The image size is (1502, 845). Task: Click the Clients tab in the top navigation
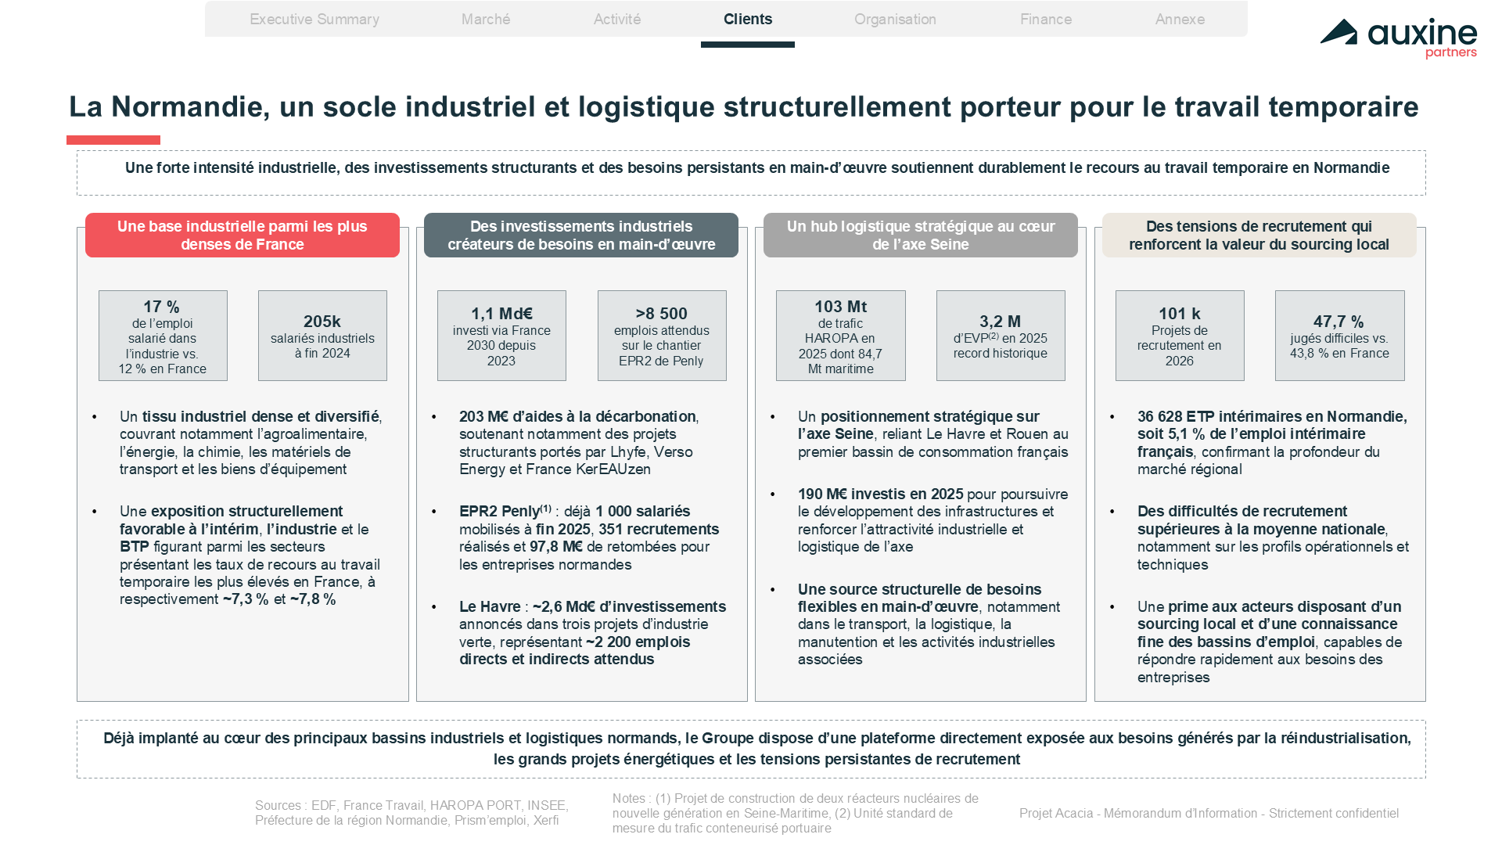(x=748, y=20)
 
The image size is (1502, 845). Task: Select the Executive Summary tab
(x=314, y=20)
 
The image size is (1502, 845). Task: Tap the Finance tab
(x=1046, y=20)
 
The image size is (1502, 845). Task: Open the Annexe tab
(x=1180, y=20)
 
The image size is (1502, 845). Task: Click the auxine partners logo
(x=1399, y=38)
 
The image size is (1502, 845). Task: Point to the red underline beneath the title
(x=113, y=140)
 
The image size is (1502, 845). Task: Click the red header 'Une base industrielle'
(x=243, y=235)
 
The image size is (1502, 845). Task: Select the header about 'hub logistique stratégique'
(x=921, y=235)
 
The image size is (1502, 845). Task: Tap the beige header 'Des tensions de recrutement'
(x=1259, y=235)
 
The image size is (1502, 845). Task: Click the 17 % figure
(x=162, y=307)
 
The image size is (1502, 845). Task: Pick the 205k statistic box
(x=322, y=336)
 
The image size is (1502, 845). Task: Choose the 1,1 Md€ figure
(x=501, y=314)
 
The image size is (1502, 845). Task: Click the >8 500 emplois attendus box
(x=662, y=336)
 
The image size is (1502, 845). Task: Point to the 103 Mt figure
(x=841, y=307)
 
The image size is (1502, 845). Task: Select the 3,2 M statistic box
(x=1001, y=336)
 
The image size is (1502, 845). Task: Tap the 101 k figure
(x=1180, y=314)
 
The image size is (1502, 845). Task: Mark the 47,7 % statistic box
(x=1340, y=336)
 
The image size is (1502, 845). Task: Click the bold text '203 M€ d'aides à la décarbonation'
(x=577, y=416)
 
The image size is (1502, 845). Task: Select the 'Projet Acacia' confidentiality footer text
(x=1209, y=813)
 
